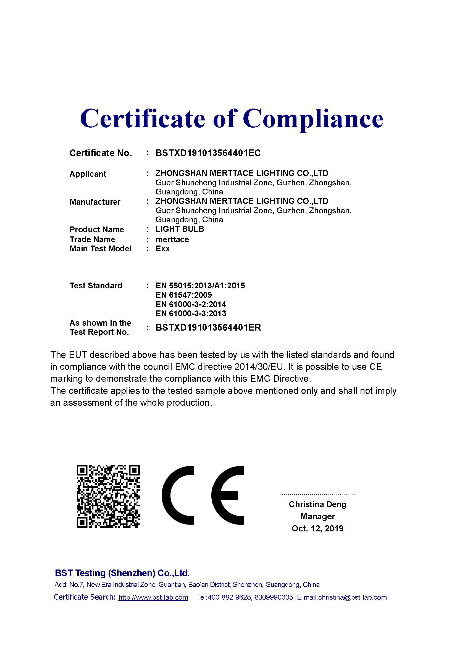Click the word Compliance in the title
(x=313, y=119)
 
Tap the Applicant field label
(x=88, y=174)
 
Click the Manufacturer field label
(x=95, y=202)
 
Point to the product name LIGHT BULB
(x=180, y=229)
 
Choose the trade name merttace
(x=172, y=239)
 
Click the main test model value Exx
(x=162, y=249)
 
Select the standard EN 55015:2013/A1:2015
(x=200, y=286)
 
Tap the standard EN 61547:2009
(x=183, y=295)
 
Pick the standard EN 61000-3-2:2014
(x=191, y=304)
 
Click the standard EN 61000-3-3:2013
(x=191, y=313)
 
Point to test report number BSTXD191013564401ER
(x=208, y=328)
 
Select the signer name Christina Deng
(x=317, y=504)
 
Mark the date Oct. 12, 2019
(x=317, y=528)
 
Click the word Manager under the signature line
(x=317, y=516)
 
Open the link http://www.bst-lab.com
(x=153, y=597)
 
